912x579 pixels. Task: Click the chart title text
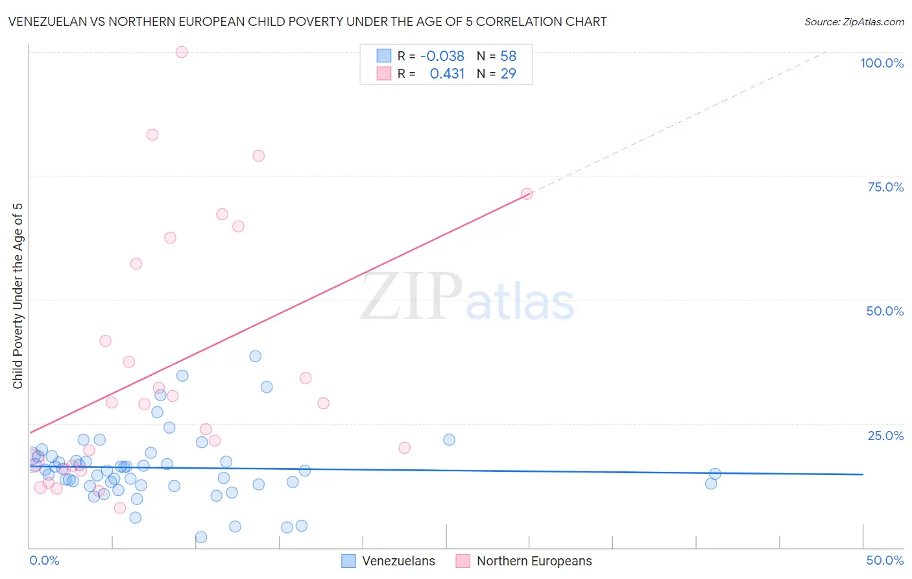coord(307,21)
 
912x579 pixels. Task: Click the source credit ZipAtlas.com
coord(854,21)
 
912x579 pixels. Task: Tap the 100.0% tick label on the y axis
coord(882,63)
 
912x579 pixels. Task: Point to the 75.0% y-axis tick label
coord(885,187)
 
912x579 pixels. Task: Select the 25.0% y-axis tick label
coord(885,435)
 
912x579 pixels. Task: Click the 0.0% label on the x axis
coord(44,560)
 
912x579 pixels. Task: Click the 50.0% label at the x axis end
coord(885,560)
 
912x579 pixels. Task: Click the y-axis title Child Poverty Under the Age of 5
coord(18,295)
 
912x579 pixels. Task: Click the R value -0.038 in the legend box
coord(442,56)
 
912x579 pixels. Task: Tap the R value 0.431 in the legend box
coord(447,73)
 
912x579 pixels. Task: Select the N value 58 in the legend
coord(509,56)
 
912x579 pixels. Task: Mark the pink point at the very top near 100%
coord(182,52)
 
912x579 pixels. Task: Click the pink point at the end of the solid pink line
coord(527,194)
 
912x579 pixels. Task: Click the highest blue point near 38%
coord(256,356)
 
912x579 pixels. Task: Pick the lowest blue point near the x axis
coord(201,537)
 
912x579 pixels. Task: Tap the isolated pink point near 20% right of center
coord(405,448)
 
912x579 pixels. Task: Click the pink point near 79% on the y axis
coord(258,156)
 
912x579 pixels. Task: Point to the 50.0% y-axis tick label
coord(885,311)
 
